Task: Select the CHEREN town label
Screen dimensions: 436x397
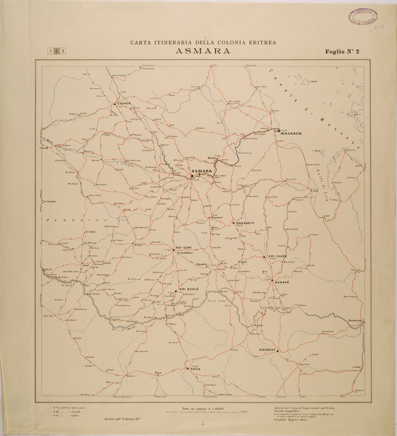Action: point(124,104)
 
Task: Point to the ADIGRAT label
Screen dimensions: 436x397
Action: point(267,351)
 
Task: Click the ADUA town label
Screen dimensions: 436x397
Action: point(195,369)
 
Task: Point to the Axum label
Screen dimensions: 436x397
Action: point(158,373)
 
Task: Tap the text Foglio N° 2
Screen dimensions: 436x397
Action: point(342,52)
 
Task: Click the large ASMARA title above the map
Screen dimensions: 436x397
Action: point(203,51)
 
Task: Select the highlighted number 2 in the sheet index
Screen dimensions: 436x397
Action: point(56,51)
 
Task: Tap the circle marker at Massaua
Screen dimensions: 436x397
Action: point(279,130)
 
